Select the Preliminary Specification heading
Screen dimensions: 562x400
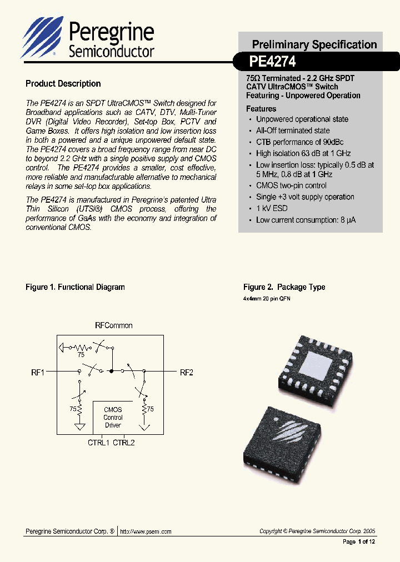click(314, 44)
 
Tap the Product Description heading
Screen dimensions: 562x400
click(63, 84)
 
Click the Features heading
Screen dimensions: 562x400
click(261, 109)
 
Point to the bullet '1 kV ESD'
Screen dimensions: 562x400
click(272, 208)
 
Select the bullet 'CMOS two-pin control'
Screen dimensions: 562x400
click(291, 185)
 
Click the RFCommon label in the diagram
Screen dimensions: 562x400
click(114, 325)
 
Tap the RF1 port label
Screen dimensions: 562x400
click(37, 373)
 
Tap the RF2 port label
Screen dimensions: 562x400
click(186, 373)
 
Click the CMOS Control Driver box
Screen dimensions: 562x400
click(113, 417)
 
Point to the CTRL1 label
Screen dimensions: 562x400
click(99, 443)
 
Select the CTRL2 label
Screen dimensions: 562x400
click(124, 443)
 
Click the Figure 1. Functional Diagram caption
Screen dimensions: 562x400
click(76, 287)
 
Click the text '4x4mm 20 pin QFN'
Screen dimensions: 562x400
click(267, 299)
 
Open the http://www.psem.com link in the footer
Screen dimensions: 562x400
click(146, 531)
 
